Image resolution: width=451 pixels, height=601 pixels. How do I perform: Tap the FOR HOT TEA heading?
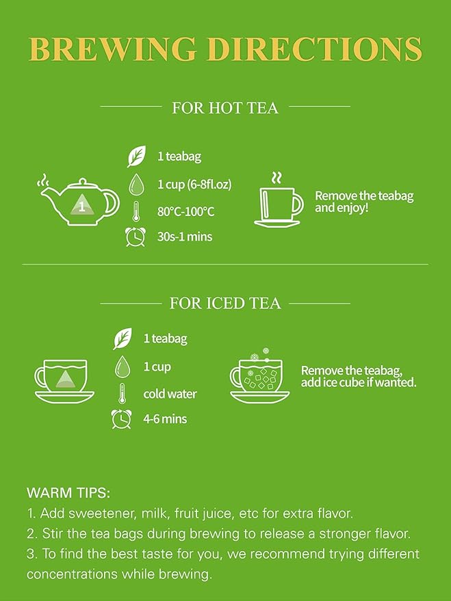click(x=225, y=107)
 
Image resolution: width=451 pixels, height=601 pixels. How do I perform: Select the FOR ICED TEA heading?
click(x=225, y=303)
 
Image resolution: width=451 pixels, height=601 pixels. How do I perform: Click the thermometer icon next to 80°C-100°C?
click(x=137, y=211)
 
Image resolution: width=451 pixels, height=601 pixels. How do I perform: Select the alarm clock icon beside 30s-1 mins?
click(x=136, y=237)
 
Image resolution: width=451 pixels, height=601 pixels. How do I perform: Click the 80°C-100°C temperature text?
click(x=185, y=211)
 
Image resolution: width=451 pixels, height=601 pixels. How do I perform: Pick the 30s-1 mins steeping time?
click(x=185, y=237)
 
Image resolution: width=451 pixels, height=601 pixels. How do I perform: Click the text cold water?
click(x=170, y=394)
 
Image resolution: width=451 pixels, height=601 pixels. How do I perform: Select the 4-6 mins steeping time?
click(x=165, y=419)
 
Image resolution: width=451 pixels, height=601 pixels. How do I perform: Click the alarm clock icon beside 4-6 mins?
click(x=122, y=419)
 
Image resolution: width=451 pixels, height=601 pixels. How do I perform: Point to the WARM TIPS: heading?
click(x=68, y=492)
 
